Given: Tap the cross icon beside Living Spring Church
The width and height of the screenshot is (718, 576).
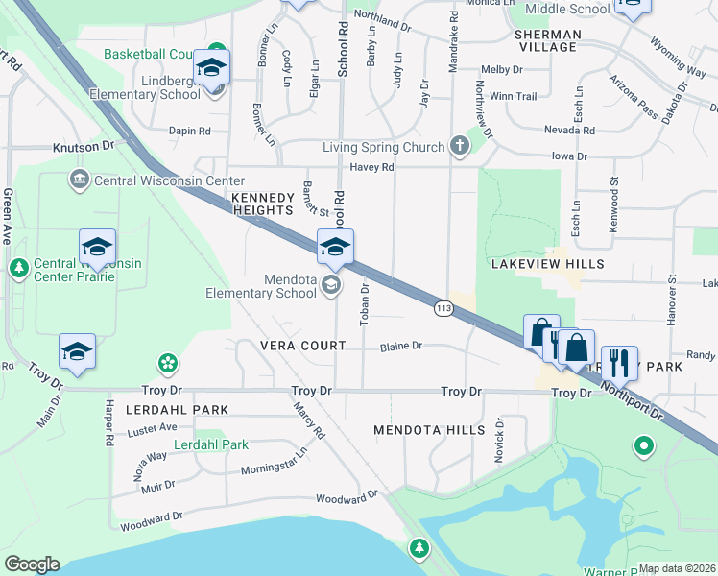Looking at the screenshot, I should (459, 146).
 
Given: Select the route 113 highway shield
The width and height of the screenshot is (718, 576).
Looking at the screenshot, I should (443, 307).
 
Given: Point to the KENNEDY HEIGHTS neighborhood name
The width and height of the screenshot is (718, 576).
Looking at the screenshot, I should (262, 203).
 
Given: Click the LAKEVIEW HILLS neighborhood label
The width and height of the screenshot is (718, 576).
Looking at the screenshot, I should (547, 263).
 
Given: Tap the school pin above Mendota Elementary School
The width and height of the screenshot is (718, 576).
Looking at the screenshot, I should (335, 249).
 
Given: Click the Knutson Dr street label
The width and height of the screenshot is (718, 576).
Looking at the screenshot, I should (82, 147).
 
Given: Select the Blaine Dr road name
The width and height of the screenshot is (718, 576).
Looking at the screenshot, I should (401, 346).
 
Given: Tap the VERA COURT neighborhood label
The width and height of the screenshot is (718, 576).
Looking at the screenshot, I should (301, 346).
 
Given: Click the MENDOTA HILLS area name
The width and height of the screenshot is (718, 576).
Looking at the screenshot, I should (429, 430).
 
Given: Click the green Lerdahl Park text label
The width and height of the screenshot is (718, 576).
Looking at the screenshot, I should (211, 444).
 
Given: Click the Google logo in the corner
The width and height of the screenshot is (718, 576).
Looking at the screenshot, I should (32, 564).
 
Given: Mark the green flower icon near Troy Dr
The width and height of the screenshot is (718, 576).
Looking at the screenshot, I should (168, 363).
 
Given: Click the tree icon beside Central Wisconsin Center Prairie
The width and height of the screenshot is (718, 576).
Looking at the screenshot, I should (18, 268).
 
